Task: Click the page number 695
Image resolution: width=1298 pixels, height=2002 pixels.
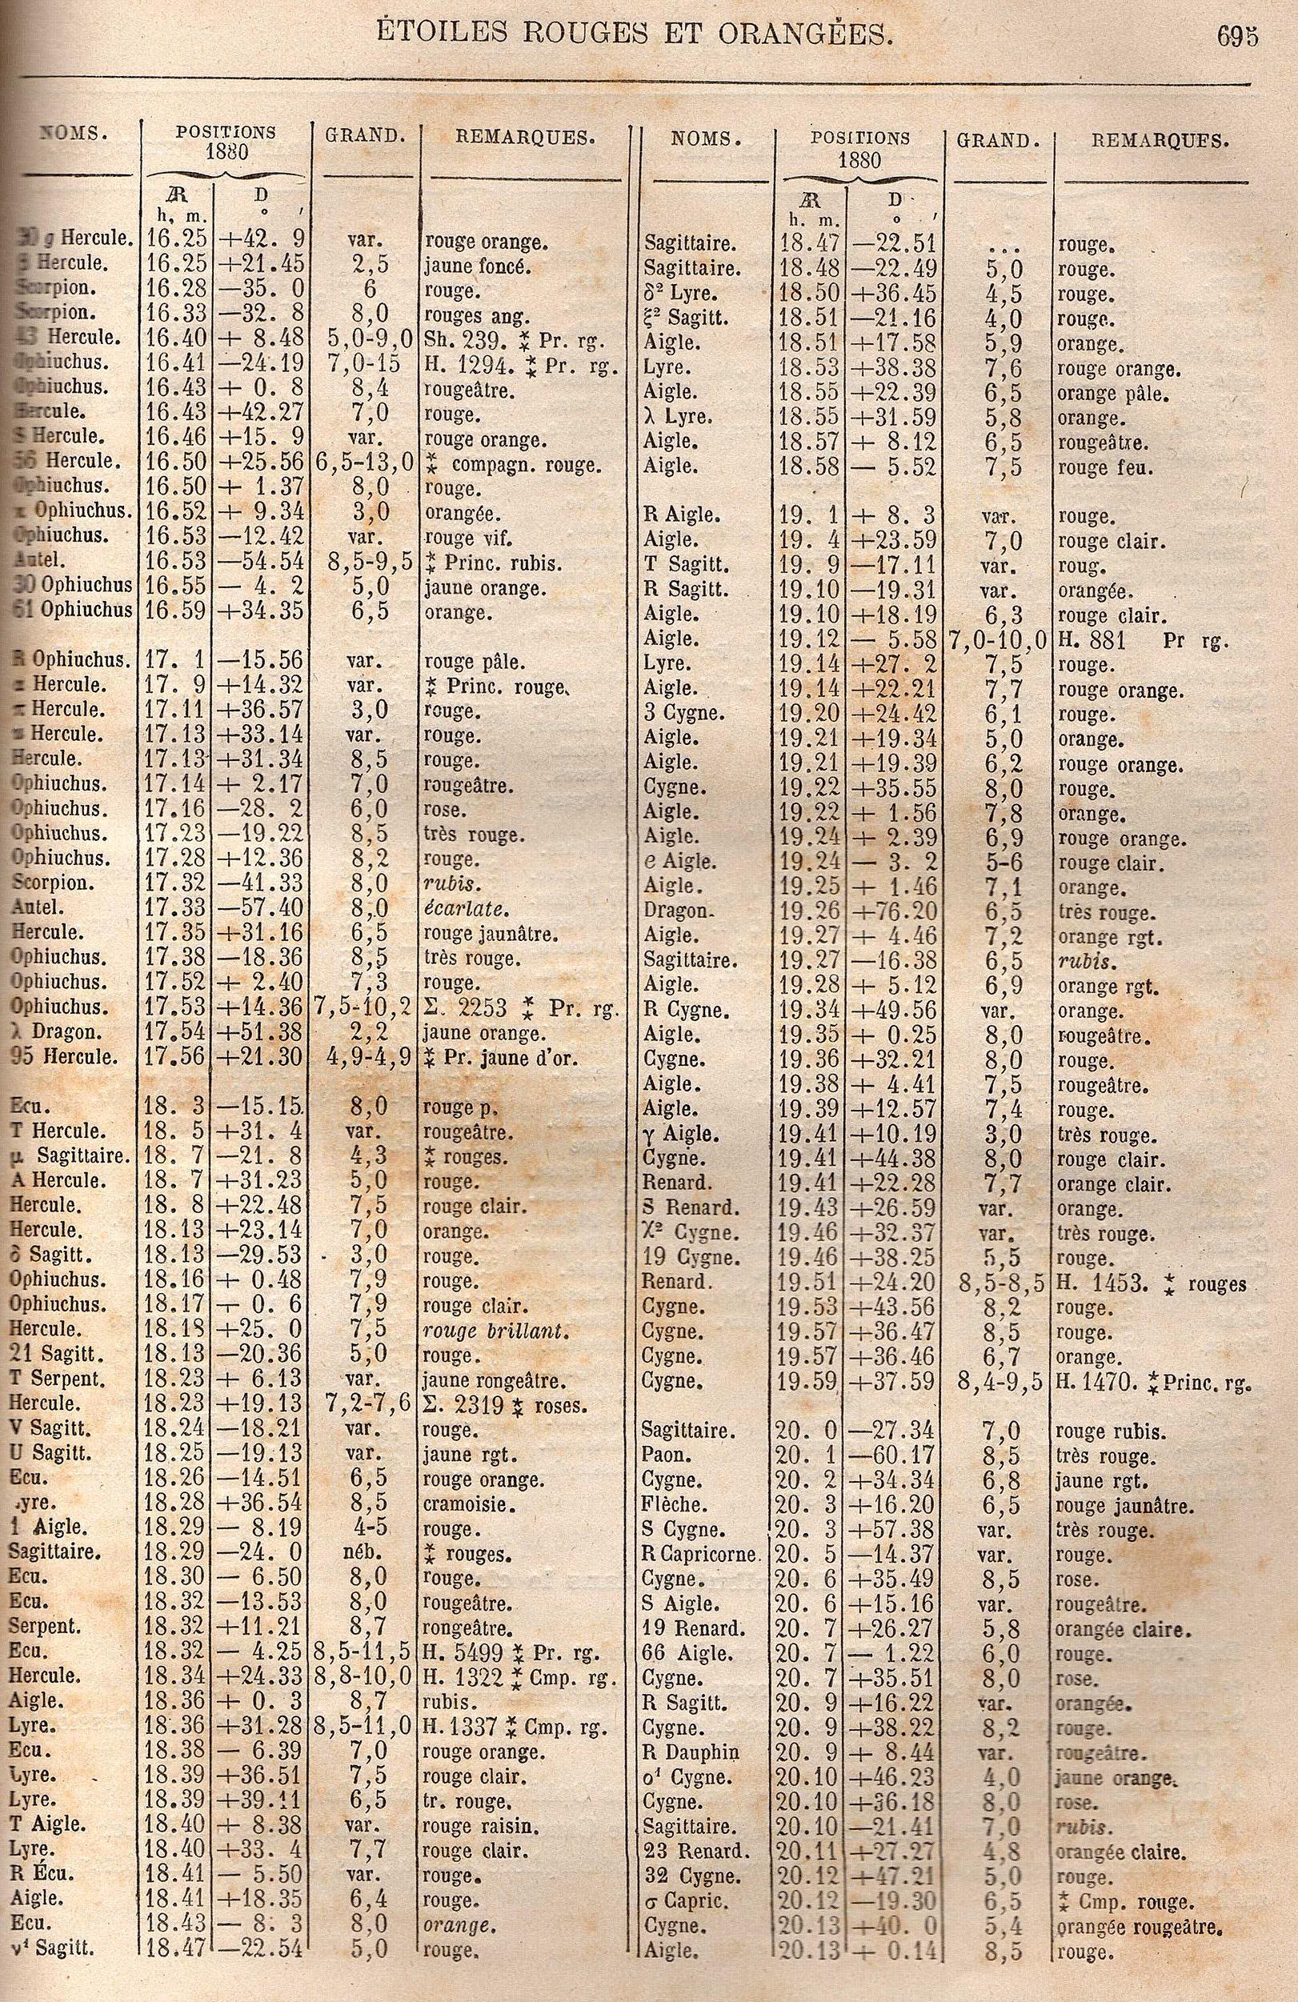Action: point(1236,37)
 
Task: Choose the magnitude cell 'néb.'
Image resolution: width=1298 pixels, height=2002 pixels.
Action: point(366,1554)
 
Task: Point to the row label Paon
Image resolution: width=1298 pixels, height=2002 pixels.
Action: point(660,1455)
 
